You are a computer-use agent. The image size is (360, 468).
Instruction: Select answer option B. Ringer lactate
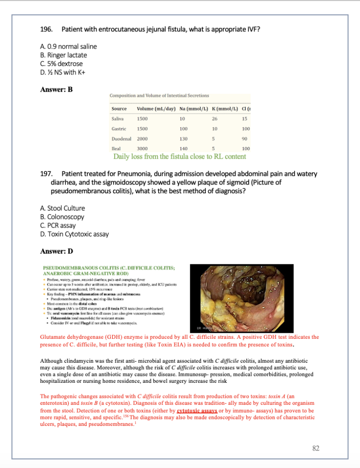click(x=64, y=55)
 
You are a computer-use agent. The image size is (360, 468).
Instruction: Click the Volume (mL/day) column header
click(x=156, y=109)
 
